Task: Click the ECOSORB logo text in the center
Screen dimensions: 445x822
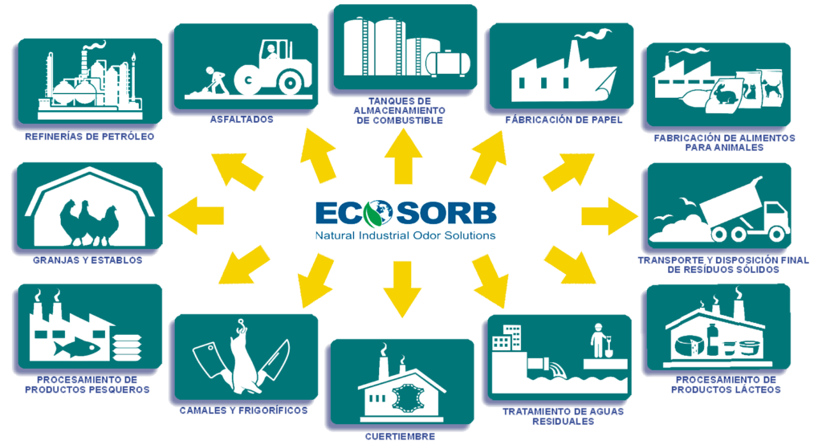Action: click(405, 213)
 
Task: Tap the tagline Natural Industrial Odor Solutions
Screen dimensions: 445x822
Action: click(405, 235)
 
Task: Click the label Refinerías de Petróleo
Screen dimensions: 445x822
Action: click(89, 137)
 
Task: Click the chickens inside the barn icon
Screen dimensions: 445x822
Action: click(89, 220)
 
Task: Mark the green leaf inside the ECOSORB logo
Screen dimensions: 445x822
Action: click(370, 214)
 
